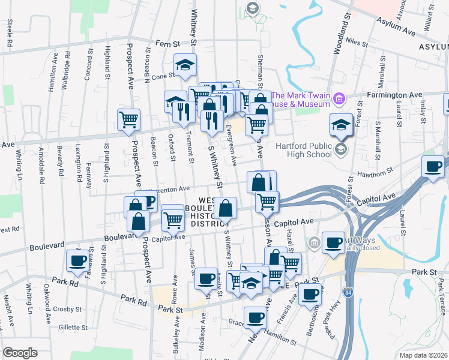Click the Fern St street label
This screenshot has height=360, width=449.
(x=168, y=44)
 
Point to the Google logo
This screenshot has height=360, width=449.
(x=20, y=353)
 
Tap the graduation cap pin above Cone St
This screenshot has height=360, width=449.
(x=185, y=65)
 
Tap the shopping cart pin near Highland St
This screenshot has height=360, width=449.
(x=128, y=119)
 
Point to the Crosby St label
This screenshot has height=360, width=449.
(x=66, y=310)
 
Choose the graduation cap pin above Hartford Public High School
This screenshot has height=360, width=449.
(x=341, y=125)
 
